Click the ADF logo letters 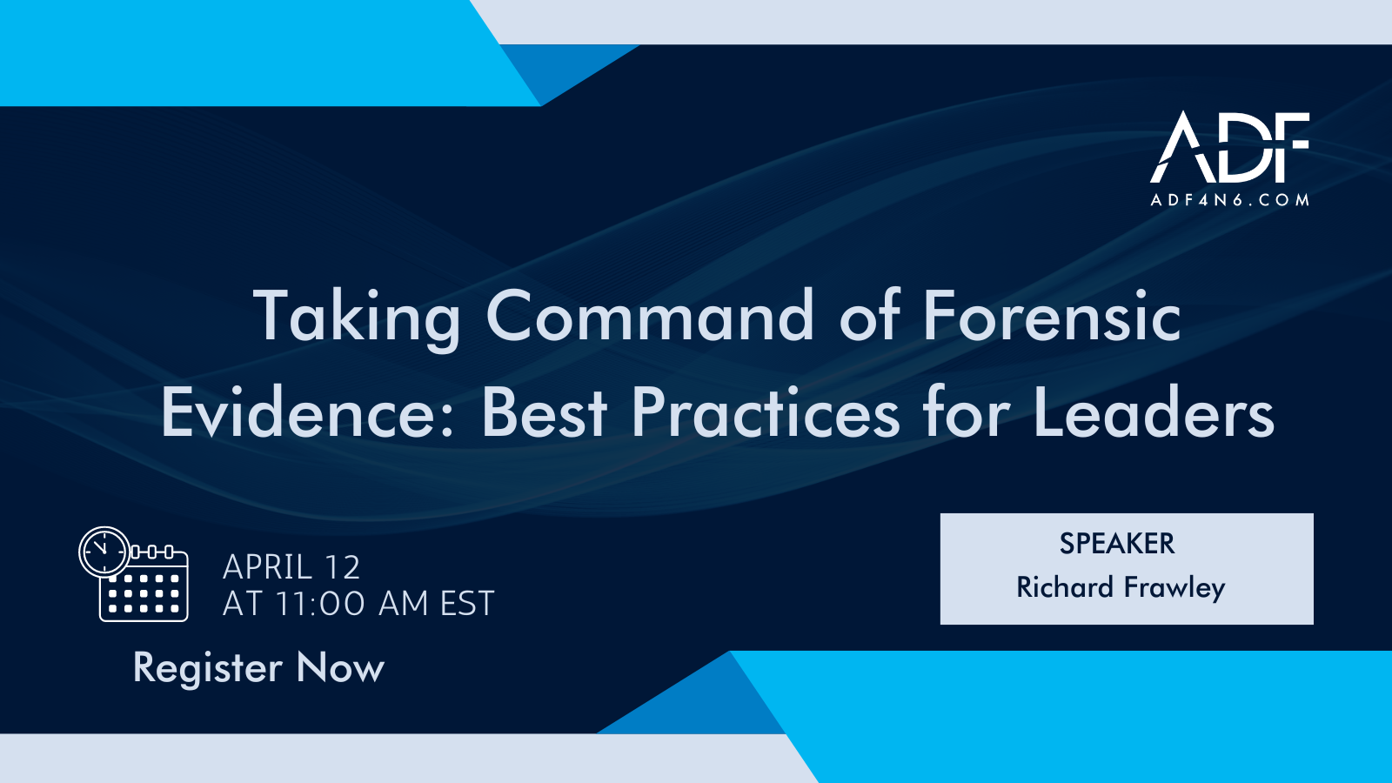coord(1230,147)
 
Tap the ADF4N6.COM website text coord(1230,200)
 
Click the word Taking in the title coord(357,318)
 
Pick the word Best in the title coord(544,412)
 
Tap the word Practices coord(766,412)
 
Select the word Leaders coord(1154,412)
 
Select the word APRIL coord(267,568)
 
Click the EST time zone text coord(467,604)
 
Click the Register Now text coord(258,668)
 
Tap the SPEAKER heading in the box coord(1117,544)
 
